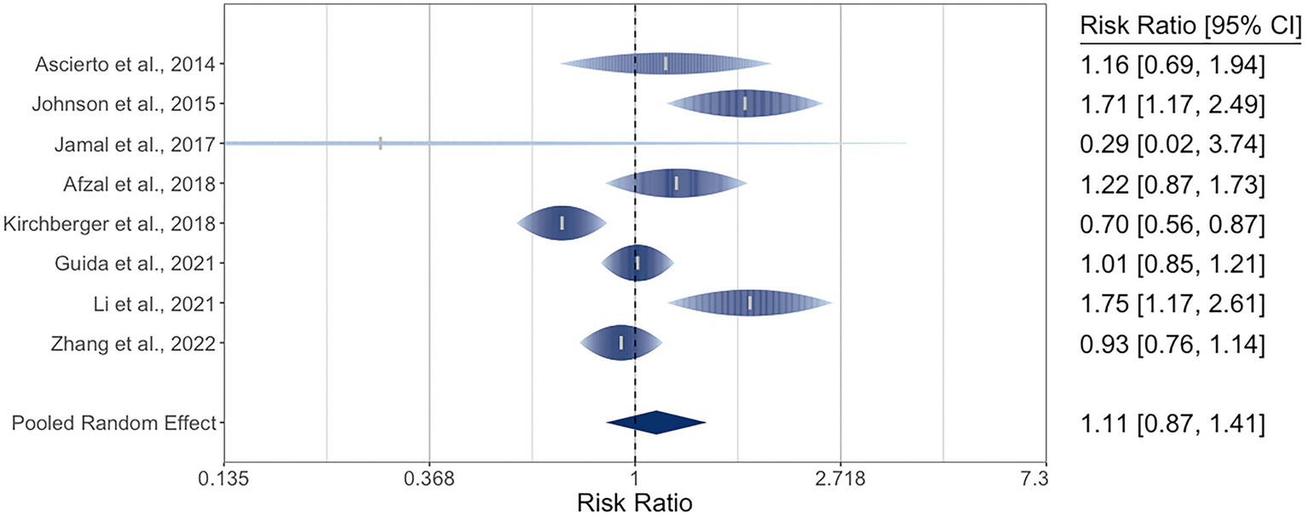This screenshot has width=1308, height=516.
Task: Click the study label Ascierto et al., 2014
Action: tap(125, 64)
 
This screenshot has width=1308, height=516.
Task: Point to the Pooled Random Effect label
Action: tap(114, 422)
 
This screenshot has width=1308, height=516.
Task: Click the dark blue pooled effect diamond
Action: tap(655, 422)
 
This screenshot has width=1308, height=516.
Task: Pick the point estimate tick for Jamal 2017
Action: tap(380, 143)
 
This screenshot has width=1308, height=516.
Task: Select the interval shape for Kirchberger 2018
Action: tap(562, 223)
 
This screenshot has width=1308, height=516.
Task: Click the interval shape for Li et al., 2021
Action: tap(750, 303)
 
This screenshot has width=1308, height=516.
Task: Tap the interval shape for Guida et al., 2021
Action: tap(637, 263)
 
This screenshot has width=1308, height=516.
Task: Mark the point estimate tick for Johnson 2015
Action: tap(745, 103)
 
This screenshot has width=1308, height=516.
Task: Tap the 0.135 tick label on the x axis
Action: tap(223, 480)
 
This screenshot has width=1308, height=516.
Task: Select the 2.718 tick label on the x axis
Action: tap(840, 480)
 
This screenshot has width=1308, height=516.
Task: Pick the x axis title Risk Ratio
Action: tap(635, 502)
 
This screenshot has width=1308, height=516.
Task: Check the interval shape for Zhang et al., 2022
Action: tap(621, 343)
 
